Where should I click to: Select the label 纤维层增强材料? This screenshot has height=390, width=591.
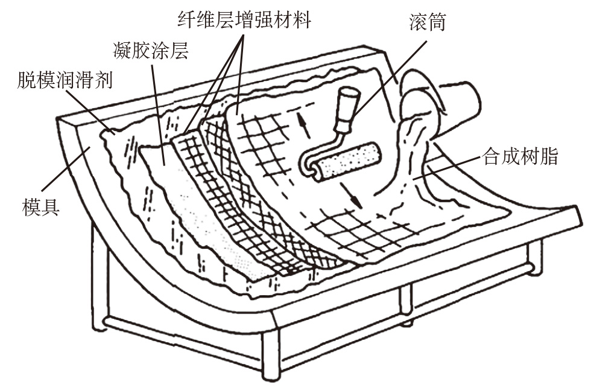244,19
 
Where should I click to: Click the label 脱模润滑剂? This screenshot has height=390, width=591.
65,80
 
